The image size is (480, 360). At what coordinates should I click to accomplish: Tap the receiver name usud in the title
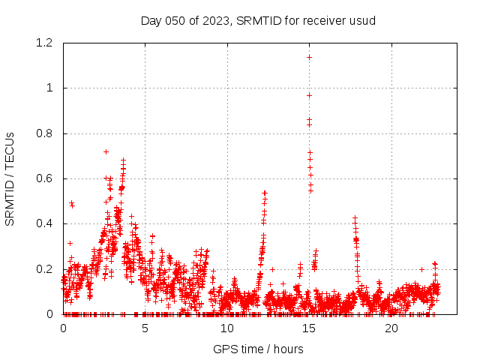click(363, 20)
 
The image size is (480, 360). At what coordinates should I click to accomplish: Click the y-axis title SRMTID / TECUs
click(10, 178)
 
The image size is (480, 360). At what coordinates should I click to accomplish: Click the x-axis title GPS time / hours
click(258, 349)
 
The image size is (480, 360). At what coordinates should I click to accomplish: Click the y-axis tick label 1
click(49, 88)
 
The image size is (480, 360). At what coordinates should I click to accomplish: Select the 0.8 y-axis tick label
click(45, 133)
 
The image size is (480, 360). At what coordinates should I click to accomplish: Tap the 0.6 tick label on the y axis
click(45, 178)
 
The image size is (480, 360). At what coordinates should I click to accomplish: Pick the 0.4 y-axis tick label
click(45, 223)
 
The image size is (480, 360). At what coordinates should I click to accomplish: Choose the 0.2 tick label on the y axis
click(45, 268)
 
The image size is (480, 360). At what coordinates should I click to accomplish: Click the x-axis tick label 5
click(145, 328)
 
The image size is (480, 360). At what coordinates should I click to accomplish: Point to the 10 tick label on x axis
click(227, 328)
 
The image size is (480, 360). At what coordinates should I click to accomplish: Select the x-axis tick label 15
click(309, 328)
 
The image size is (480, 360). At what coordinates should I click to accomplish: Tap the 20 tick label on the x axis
click(391, 328)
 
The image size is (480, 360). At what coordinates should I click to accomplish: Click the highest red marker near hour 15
click(309, 57)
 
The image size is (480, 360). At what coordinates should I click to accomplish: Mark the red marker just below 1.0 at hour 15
click(309, 95)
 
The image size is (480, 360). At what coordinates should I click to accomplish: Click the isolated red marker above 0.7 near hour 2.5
click(106, 151)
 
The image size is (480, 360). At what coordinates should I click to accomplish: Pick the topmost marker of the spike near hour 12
click(265, 193)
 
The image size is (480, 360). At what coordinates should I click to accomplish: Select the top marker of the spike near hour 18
click(355, 218)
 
